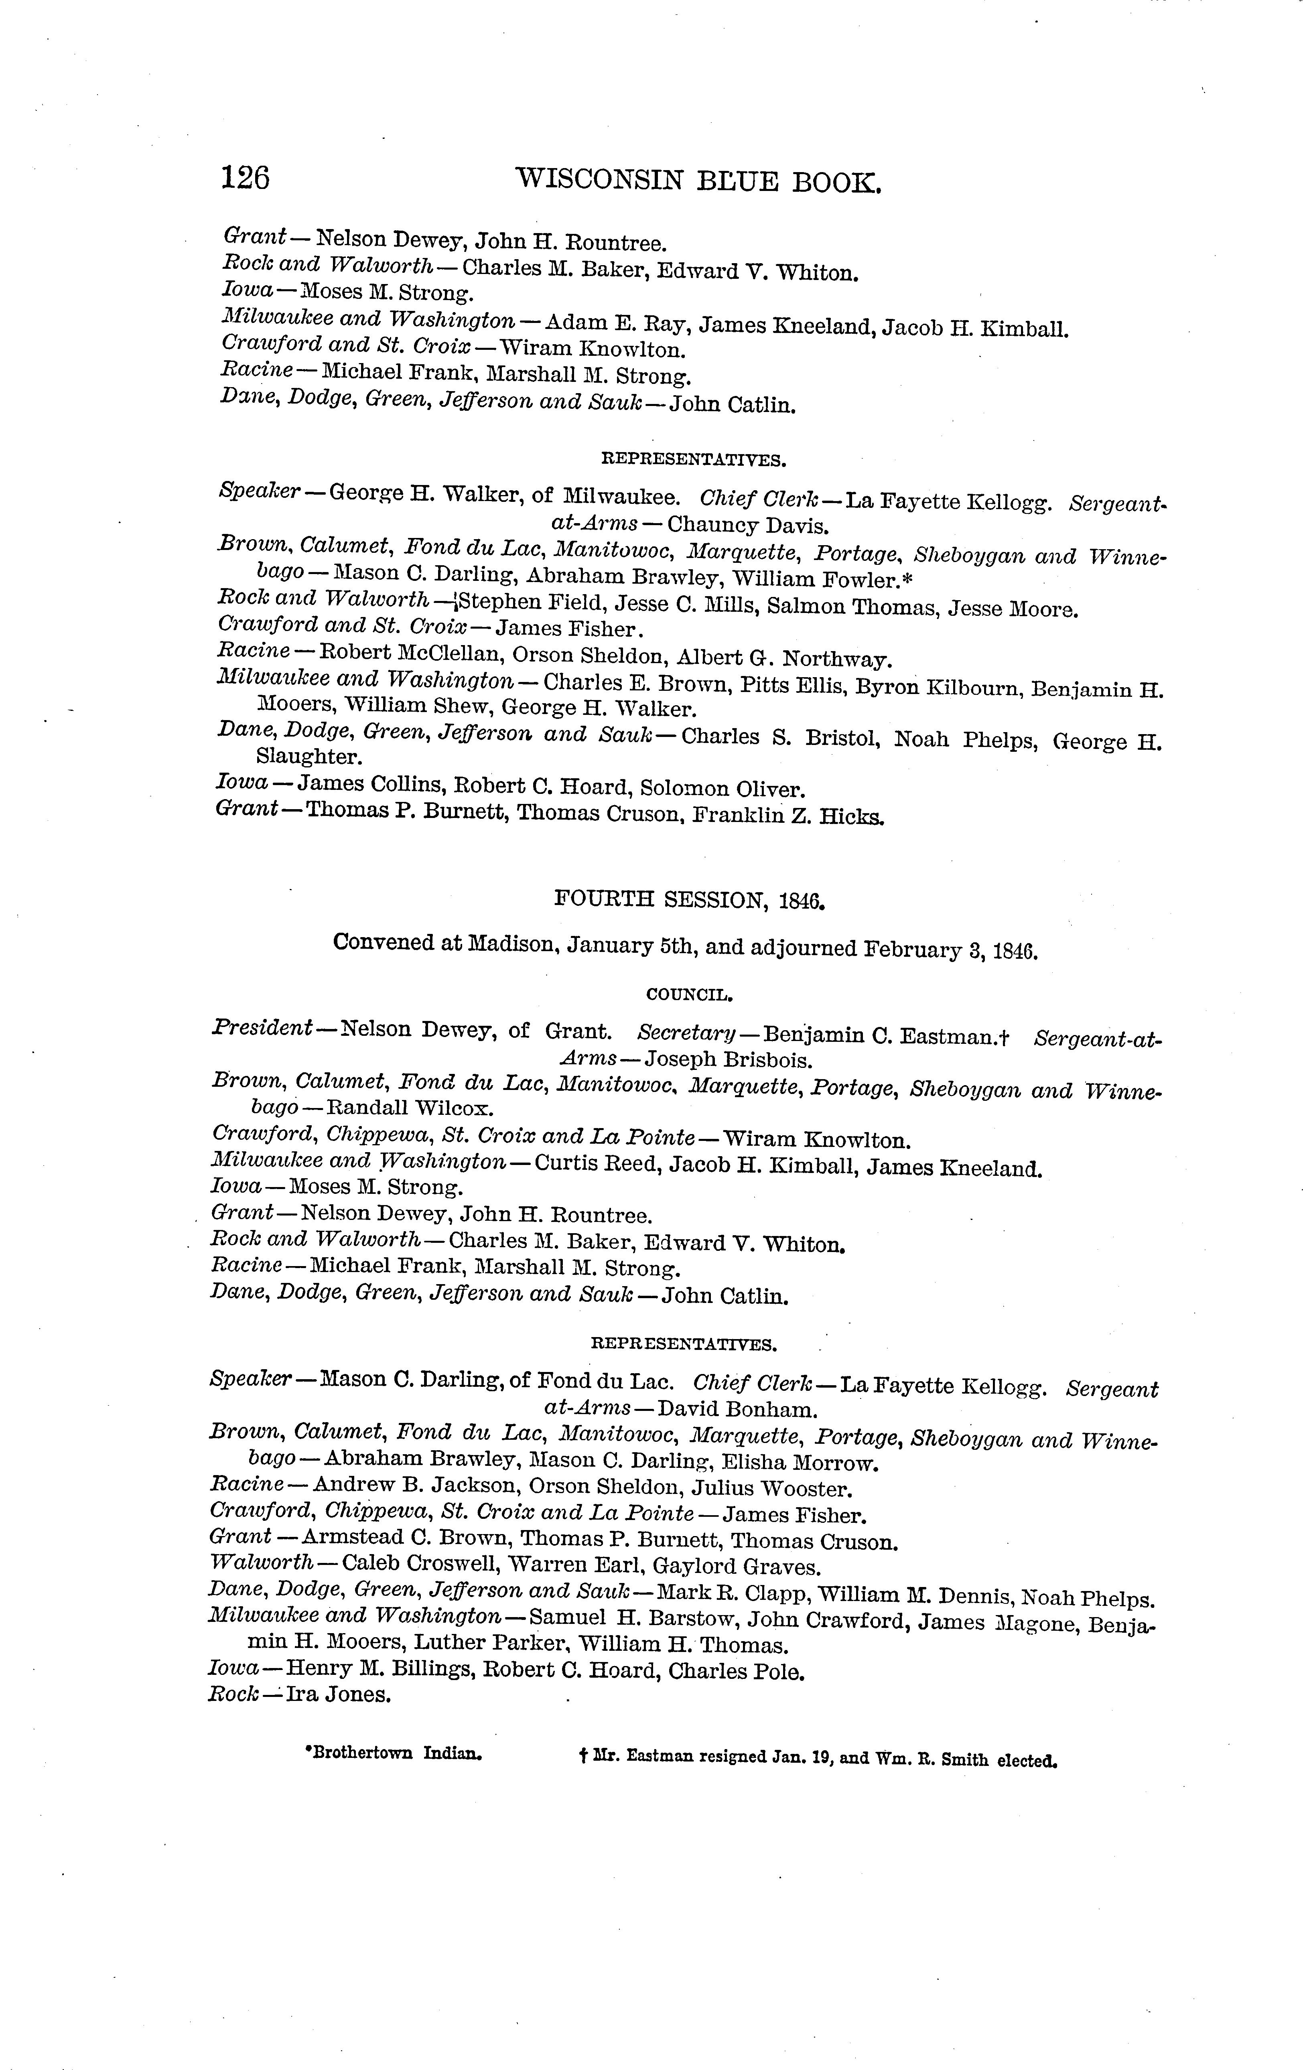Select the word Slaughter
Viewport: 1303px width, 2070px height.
pyautogui.click(x=308, y=757)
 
